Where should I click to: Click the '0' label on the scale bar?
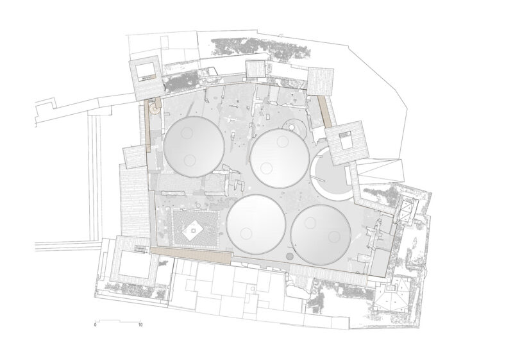click(95, 325)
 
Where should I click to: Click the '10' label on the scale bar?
click(140, 325)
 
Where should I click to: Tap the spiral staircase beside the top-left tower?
click(154, 108)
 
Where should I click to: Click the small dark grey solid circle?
click(289, 256)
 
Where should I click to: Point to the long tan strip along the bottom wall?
click(191, 255)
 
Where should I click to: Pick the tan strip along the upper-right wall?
click(326, 111)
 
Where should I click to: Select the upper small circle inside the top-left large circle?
click(187, 133)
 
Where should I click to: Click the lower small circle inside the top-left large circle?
click(189, 160)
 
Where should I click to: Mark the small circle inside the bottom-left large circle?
click(246, 233)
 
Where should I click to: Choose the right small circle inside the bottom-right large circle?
click(333, 236)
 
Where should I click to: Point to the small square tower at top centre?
click(255, 69)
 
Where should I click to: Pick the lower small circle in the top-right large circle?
click(267, 168)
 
